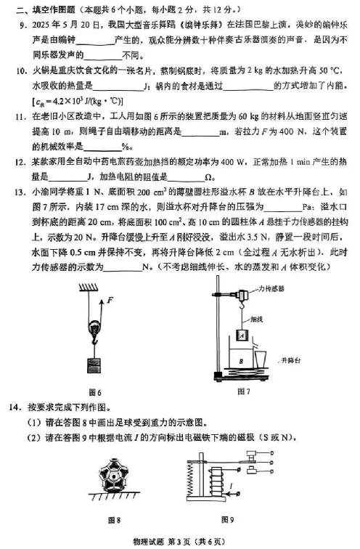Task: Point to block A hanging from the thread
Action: coord(239,336)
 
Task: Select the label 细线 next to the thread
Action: coord(257,317)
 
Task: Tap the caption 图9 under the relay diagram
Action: coord(226,520)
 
